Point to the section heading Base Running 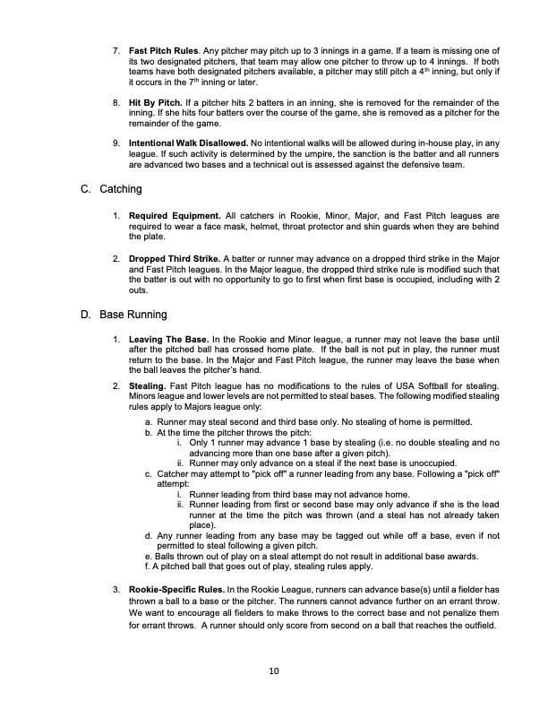[134, 316]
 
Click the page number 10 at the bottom [274, 671]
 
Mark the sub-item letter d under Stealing [148, 535]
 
